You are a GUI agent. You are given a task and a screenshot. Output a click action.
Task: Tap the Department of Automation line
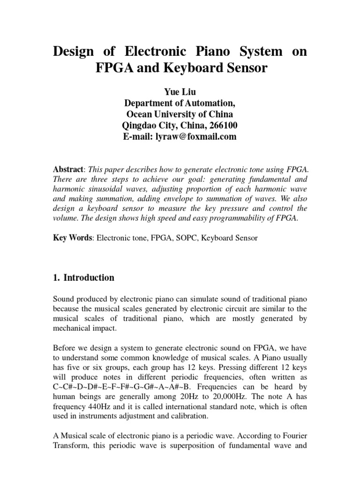pyautogui.click(x=180, y=103)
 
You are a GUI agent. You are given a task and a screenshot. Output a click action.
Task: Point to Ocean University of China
pyautogui.click(x=180, y=114)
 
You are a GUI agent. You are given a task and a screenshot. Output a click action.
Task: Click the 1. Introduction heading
pyautogui.click(x=83, y=277)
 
